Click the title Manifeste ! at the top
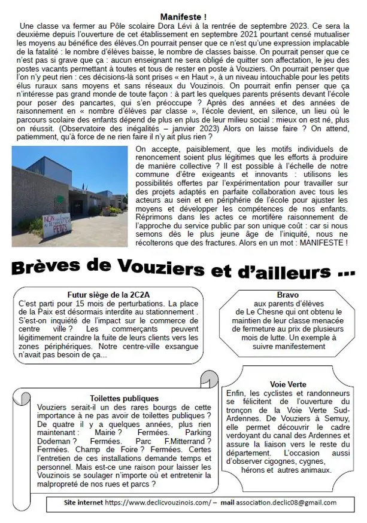tap(183, 17)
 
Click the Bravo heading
tap(283, 295)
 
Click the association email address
tap(286, 503)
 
